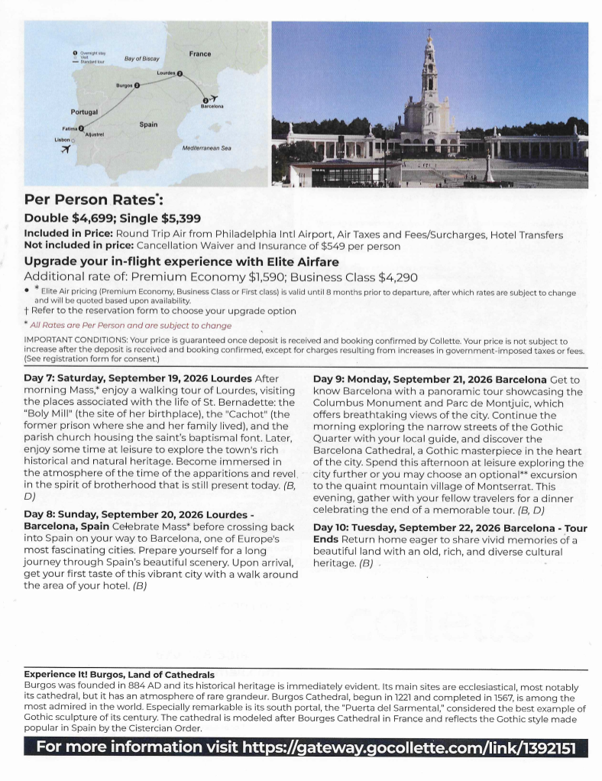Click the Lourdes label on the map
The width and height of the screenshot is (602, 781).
click(x=166, y=73)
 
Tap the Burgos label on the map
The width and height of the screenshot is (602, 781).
click(x=124, y=85)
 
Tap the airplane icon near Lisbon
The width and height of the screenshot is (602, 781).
click(x=65, y=149)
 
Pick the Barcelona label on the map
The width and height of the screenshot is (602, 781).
click(x=212, y=106)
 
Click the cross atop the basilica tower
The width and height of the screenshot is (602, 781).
click(x=430, y=31)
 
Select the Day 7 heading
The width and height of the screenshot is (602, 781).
click(x=138, y=378)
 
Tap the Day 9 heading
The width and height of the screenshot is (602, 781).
click(x=430, y=379)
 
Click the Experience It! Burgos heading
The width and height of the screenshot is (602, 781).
click(x=119, y=675)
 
